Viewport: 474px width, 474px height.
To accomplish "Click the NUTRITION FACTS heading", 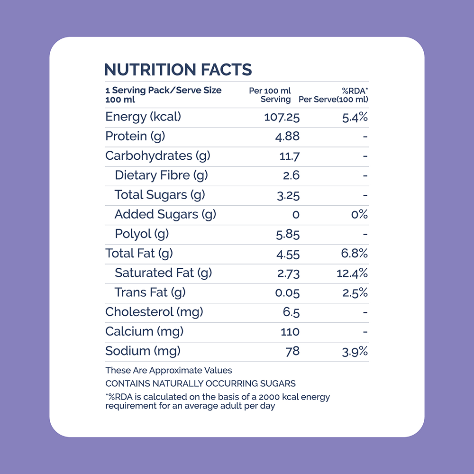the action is pos(178,70).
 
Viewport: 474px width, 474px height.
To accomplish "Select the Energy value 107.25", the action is pos(282,117).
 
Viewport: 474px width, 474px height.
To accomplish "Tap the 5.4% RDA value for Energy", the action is pos(355,117).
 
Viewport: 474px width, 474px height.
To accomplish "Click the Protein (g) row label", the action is pos(135,137).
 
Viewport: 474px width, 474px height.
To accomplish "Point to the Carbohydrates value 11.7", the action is pos(289,156).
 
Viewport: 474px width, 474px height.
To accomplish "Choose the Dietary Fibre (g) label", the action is pos(162,175).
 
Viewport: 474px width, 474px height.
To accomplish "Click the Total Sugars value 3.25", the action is pos(288,195).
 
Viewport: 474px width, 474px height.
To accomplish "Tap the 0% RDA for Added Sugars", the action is pos(359,215).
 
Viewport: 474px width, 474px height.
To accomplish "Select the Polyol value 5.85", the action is pos(288,234).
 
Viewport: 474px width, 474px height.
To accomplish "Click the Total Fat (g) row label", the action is pos(139,253).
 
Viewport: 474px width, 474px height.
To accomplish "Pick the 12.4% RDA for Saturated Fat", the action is pos(352,273).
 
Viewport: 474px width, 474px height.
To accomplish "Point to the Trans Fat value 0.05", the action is pos(287,293).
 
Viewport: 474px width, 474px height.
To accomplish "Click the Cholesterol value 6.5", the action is pos(291,312).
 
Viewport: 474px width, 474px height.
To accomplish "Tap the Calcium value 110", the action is pos(290,332).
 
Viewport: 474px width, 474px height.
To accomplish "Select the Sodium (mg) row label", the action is pos(143,351).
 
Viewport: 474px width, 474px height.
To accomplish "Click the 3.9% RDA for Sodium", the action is pos(355,352).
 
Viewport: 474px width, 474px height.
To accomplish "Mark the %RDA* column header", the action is pos(355,91).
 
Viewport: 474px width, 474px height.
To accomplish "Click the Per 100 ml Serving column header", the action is pos(270,95).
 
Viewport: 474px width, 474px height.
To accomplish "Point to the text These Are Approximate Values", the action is pos(169,370).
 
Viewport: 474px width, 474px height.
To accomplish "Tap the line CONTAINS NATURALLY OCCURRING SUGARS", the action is pos(201,383).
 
